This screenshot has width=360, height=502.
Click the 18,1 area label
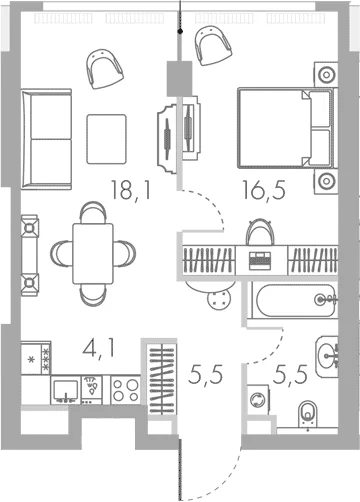pyautogui.click(x=131, y=190)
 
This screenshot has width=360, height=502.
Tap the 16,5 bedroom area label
pyautogui.click(x=264, y=190)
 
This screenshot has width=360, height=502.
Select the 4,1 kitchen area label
pyautogui.click(x=99, y=349)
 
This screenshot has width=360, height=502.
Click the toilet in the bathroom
pyautogui.click(x=308, y=414)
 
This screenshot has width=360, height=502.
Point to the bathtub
pyautogui.click(x=295, y=300)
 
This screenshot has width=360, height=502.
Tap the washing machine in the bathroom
pyautogui.click(x=258, y=399)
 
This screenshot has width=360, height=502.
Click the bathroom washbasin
pyautogui.click(x=327, y=356)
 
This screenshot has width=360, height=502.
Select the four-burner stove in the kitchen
pyautogui.click(x=125, y=390)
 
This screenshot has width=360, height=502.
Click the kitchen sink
pyautogui.click(x=66, y=390)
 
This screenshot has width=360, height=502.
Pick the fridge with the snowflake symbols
pyautogui.click(x=36, y=358)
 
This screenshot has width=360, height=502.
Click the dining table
pyautogui.click(x=93, y=253)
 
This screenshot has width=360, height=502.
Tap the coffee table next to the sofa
pyautogui.click(x=107, y=139)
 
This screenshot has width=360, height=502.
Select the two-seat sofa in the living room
pyautogui.click(x=46, y=139)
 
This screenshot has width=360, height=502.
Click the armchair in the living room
pyautogui.click(x=105, y=68)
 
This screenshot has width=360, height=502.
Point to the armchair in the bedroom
pyautogui.click(x=213, y=46)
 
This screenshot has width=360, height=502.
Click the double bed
pyautogui.click(x=286, y=128)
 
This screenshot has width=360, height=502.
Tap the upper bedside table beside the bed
pyautogui.click(x=326, y=75)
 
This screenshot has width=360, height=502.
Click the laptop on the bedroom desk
pyautogui.click(x=260, y=260)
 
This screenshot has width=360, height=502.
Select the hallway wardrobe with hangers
pyautogui.click(x=162, y=379)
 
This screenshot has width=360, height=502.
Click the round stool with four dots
pyautogui.click(x=219, y=298)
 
